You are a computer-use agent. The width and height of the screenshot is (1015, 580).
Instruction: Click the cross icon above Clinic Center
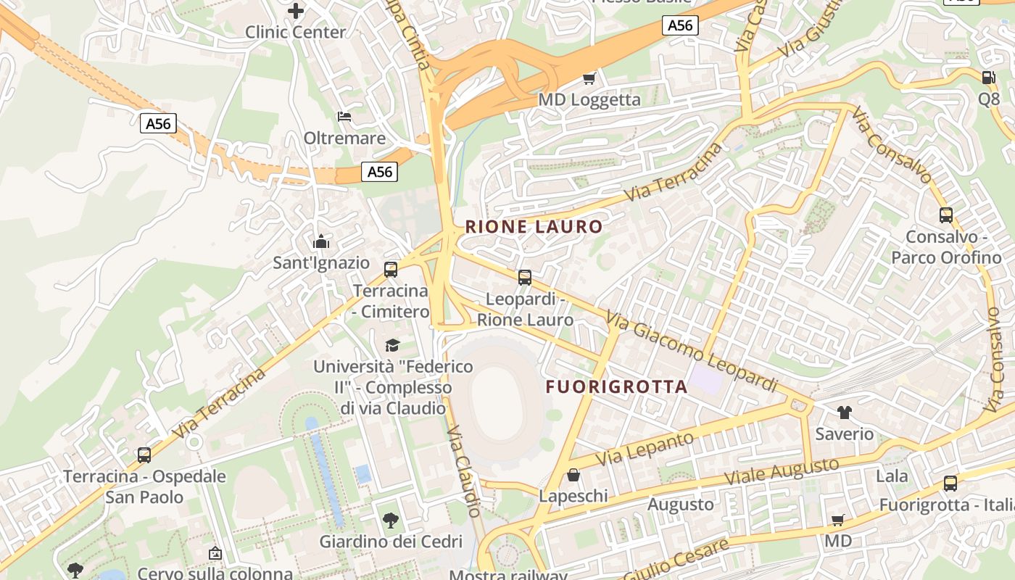[x=296, y=11]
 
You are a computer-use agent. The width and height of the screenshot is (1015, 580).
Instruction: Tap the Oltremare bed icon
[x=344, y=116]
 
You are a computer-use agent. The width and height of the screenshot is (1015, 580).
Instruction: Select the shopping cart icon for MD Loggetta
[x=589, y=78]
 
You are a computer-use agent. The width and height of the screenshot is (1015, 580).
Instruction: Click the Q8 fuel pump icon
[x=988, y=77]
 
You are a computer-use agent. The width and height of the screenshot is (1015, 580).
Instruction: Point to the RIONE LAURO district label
[x=534, y=227]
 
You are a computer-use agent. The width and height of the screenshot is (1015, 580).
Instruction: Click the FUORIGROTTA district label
[x=616, y=386]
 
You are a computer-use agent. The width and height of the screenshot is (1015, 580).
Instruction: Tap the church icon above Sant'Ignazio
[x=320, y=241]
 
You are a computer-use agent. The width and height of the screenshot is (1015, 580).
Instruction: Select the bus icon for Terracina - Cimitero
[x=391, y=270]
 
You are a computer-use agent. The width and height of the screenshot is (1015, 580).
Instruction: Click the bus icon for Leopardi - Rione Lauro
[x=525, y=278]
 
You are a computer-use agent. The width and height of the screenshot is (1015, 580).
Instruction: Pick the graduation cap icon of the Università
[x=392, y=345]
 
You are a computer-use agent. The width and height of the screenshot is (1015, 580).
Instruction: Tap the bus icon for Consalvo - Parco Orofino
[x=946, y=215]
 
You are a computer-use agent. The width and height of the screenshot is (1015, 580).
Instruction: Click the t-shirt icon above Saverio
[x=845, y=413]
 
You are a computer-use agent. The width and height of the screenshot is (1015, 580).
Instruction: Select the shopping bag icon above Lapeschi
[x=573, y=475]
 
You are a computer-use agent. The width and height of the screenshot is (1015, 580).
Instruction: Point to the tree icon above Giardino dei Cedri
[x=391, y=520]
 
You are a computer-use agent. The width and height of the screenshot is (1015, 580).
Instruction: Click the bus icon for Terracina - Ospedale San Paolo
[x=144, y=455]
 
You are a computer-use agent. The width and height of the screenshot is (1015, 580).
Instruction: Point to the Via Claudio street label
[x=465, y=471]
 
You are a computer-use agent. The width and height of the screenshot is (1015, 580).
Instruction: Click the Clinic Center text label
[x=296, y=32]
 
